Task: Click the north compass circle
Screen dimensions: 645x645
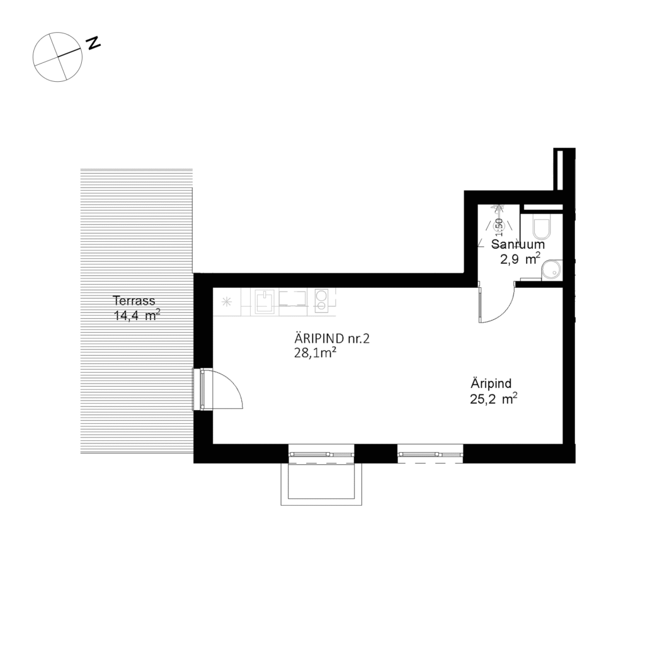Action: pos(57,57)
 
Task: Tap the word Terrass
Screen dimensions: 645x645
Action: pos(134,300)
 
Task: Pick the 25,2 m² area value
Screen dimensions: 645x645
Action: pos(494,397)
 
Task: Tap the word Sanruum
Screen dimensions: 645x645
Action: pos(518,244)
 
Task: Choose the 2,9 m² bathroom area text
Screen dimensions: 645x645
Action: pos(520,258)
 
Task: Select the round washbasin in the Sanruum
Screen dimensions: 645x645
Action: pos(552,269)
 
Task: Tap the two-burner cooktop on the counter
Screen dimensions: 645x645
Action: pos(321,301)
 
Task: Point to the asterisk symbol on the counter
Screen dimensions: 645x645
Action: pos(226,302)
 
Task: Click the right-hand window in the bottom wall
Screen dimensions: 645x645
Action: pos(430,454)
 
